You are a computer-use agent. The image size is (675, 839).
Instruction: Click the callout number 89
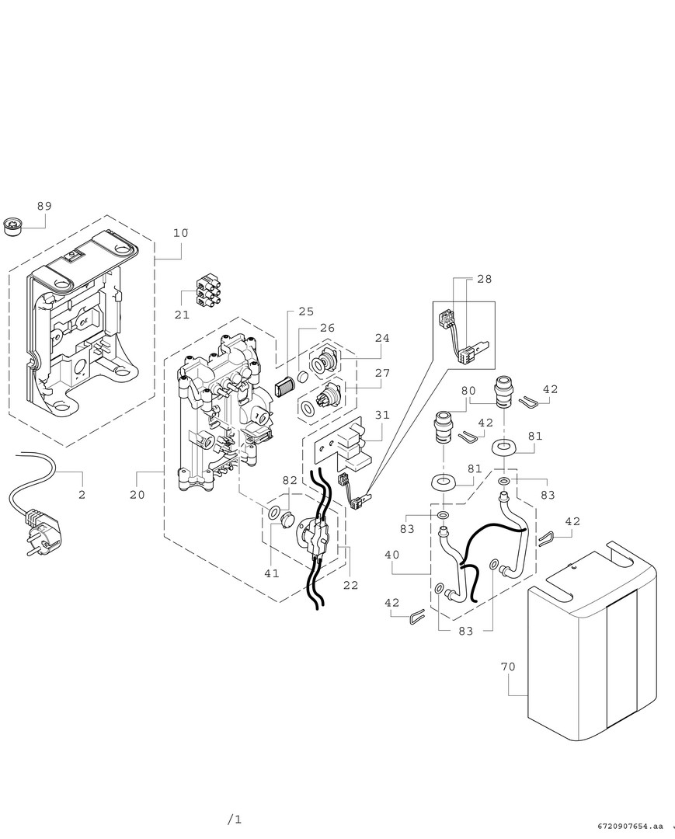tap(44, 206)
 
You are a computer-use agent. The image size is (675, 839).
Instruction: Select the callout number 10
tap(180, 233)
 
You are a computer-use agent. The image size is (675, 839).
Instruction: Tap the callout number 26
tap(327, 329)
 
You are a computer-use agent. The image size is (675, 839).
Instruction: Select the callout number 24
tap(381, 339)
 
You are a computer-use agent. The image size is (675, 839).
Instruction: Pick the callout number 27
tap(381, 373)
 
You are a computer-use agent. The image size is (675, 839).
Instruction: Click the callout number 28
tap(484, 279)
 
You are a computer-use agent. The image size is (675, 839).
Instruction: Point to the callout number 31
tap(381, 415)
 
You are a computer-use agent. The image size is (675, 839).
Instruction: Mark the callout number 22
tap(350, 585)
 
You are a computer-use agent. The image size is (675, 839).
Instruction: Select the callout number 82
tap(290, 481)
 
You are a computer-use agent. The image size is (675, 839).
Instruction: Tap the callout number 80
tap(468, 391)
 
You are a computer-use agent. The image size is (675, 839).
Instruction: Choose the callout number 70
tap(508, 667)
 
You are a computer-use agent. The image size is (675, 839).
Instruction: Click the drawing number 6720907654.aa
tap(632, 825)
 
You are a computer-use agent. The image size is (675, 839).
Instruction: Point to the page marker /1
tap(235, 820)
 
